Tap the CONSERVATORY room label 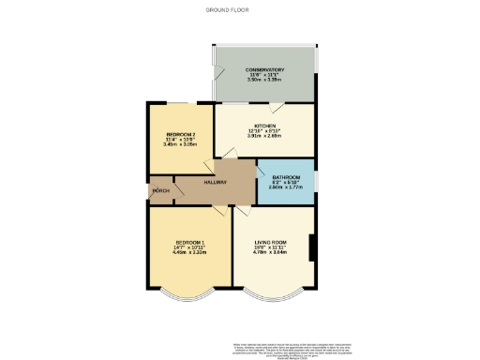(x=265, y=70)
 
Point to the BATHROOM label (x=285, y=178)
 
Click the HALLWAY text (x=215, y=183)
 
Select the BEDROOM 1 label (x=188, y=244)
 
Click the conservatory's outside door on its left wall (x=216, y=76)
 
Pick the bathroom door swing (x=262, y=170)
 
